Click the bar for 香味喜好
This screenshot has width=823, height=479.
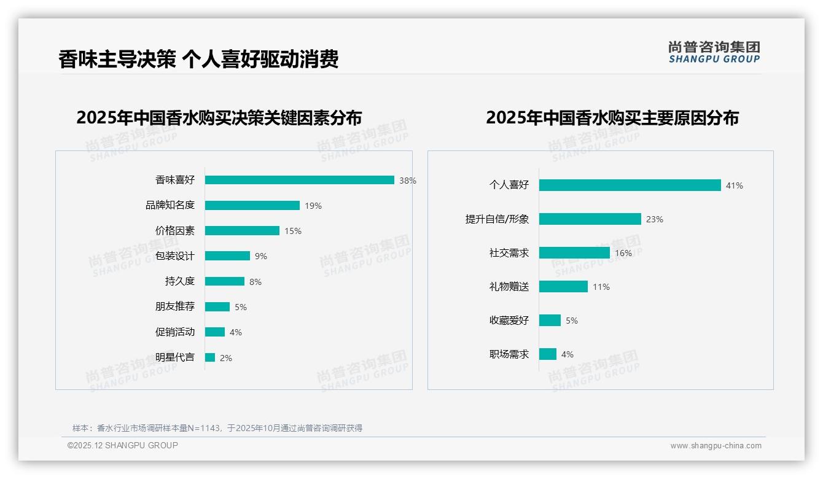[299, 180]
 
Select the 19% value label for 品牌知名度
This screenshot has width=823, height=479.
[313, 206]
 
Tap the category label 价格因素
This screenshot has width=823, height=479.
[174, 231]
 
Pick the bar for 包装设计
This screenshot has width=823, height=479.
[227, 256]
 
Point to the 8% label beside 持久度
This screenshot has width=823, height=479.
[255, 282]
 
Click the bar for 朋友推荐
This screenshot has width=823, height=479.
[217, 307]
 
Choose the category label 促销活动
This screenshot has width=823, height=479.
[174, 332]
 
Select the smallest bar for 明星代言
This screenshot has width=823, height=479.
[210, 357]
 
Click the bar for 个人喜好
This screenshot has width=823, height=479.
[630, 185]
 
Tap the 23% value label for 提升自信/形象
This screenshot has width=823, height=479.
[655, 219]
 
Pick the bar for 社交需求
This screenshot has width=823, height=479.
[574, 253]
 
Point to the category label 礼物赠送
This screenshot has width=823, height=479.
[509, 287]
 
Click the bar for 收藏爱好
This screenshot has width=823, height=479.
[550, 321]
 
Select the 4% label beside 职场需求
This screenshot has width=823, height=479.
[568, 354]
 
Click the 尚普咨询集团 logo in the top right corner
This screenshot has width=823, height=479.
[714, 52]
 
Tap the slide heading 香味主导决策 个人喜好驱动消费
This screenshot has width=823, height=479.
[198, 60]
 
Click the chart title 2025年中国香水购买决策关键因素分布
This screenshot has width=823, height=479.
[219, 117]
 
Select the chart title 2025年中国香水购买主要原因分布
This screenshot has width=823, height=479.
[612, 117]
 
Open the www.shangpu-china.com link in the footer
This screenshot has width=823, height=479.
[716, 446]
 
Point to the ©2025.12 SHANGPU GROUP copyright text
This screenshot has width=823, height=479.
[123, 445]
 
